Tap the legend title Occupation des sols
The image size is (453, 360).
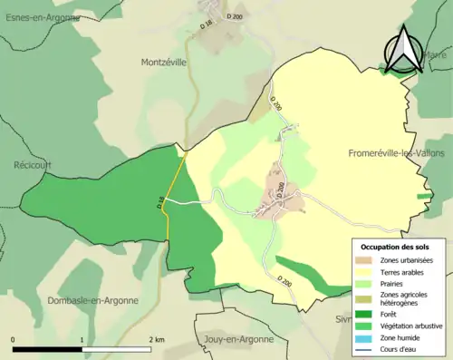point(396,247)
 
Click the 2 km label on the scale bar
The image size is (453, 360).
point(156,339)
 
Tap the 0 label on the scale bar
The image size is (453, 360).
point(14,339)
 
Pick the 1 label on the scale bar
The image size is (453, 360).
point(82,339)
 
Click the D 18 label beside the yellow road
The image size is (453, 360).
point(160,205)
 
